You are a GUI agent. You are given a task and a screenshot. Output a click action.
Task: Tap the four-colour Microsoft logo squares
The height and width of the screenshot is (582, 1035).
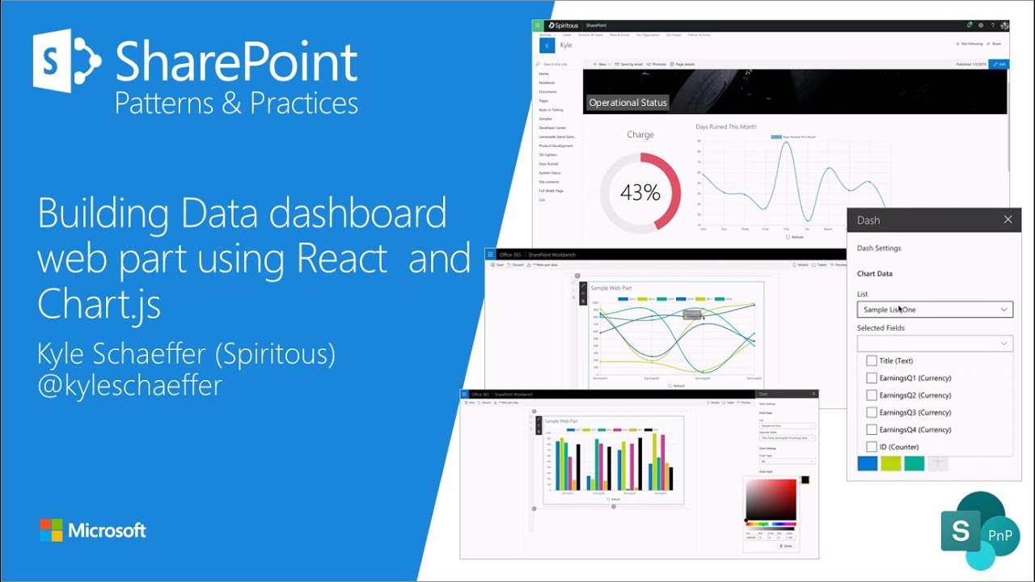[x=51, y=530]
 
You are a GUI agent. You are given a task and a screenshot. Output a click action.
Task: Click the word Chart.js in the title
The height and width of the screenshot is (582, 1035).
[x=99, y=304]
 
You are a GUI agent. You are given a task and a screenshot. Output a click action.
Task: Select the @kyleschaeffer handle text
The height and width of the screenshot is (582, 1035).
[x=129, y=385]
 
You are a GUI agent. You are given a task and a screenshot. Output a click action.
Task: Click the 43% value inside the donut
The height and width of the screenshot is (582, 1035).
[x=640, y=192]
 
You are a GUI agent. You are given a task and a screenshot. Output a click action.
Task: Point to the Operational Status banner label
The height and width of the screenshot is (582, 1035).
[x=627, y=103]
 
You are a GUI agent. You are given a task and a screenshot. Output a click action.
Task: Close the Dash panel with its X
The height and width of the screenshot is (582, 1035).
[x=1008, y=219]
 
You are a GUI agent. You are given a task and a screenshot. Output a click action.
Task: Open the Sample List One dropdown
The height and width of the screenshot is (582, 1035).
[x=935, y=310]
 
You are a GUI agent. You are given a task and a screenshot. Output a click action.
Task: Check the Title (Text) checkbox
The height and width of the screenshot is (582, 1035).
[x=871, y=361]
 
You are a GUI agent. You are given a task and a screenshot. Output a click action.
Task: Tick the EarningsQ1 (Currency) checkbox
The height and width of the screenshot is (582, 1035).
[x=871, y=378]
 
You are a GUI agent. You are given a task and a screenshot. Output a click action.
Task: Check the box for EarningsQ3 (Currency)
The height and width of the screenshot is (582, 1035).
[x=871, y=412]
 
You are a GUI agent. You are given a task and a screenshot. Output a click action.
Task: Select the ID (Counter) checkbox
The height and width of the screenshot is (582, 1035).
[x=871, y=447]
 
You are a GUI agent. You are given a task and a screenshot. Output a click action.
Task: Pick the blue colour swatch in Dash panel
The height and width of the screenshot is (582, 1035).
[x=868, y=463]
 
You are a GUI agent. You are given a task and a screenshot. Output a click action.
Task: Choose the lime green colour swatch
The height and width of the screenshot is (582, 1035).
[x=891, y=463]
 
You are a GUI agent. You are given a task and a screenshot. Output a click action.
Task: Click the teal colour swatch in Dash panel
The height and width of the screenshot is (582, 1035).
[x=915, y=463]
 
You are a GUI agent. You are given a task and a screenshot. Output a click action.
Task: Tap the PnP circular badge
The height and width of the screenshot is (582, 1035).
[x=1000, y=535]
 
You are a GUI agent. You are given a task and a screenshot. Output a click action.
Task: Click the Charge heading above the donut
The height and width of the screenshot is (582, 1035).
[x=640, y=135]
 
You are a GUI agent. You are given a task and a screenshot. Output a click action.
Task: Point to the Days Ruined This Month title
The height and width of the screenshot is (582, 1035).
[x=726, y=127]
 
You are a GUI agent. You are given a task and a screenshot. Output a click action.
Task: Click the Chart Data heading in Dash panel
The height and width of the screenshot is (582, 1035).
[x=875, y=274]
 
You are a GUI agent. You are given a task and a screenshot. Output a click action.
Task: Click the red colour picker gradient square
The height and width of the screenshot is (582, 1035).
[x=771, y=500]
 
